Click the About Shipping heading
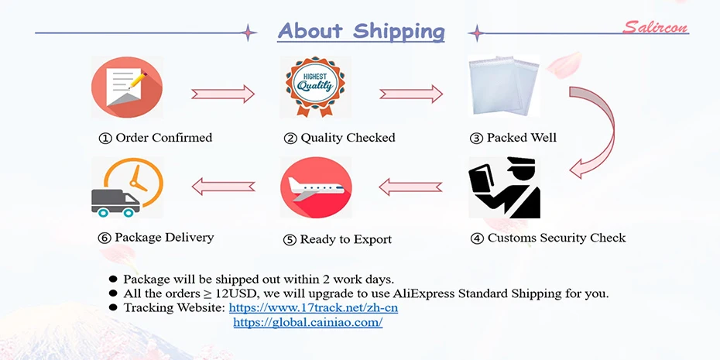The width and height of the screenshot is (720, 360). [x=361, y=31]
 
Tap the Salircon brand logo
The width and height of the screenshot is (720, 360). [x=655, y=28]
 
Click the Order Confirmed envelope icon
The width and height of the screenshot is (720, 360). [x=127, y=87]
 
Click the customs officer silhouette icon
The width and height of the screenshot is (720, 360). [x=505, y=188]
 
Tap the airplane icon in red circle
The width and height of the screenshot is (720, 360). [x=316, y=187]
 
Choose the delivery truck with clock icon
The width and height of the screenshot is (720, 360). [x=126, y=187]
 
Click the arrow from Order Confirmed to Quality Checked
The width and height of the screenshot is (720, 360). [x=223, y=94]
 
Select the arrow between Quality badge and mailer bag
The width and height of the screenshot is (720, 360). [x=411, y=94]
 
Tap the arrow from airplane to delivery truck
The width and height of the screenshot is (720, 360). [x=223, y=187]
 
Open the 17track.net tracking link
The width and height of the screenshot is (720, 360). [x=313, y=308]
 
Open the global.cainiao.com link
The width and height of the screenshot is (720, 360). [x=307, y=322]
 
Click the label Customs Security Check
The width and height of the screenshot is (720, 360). [x=556, y=238]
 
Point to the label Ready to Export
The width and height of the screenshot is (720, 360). [x=345, y=239]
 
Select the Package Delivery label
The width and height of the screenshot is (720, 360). [x=164, y=237]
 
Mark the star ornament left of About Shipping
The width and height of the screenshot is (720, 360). [x=249, y=33]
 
